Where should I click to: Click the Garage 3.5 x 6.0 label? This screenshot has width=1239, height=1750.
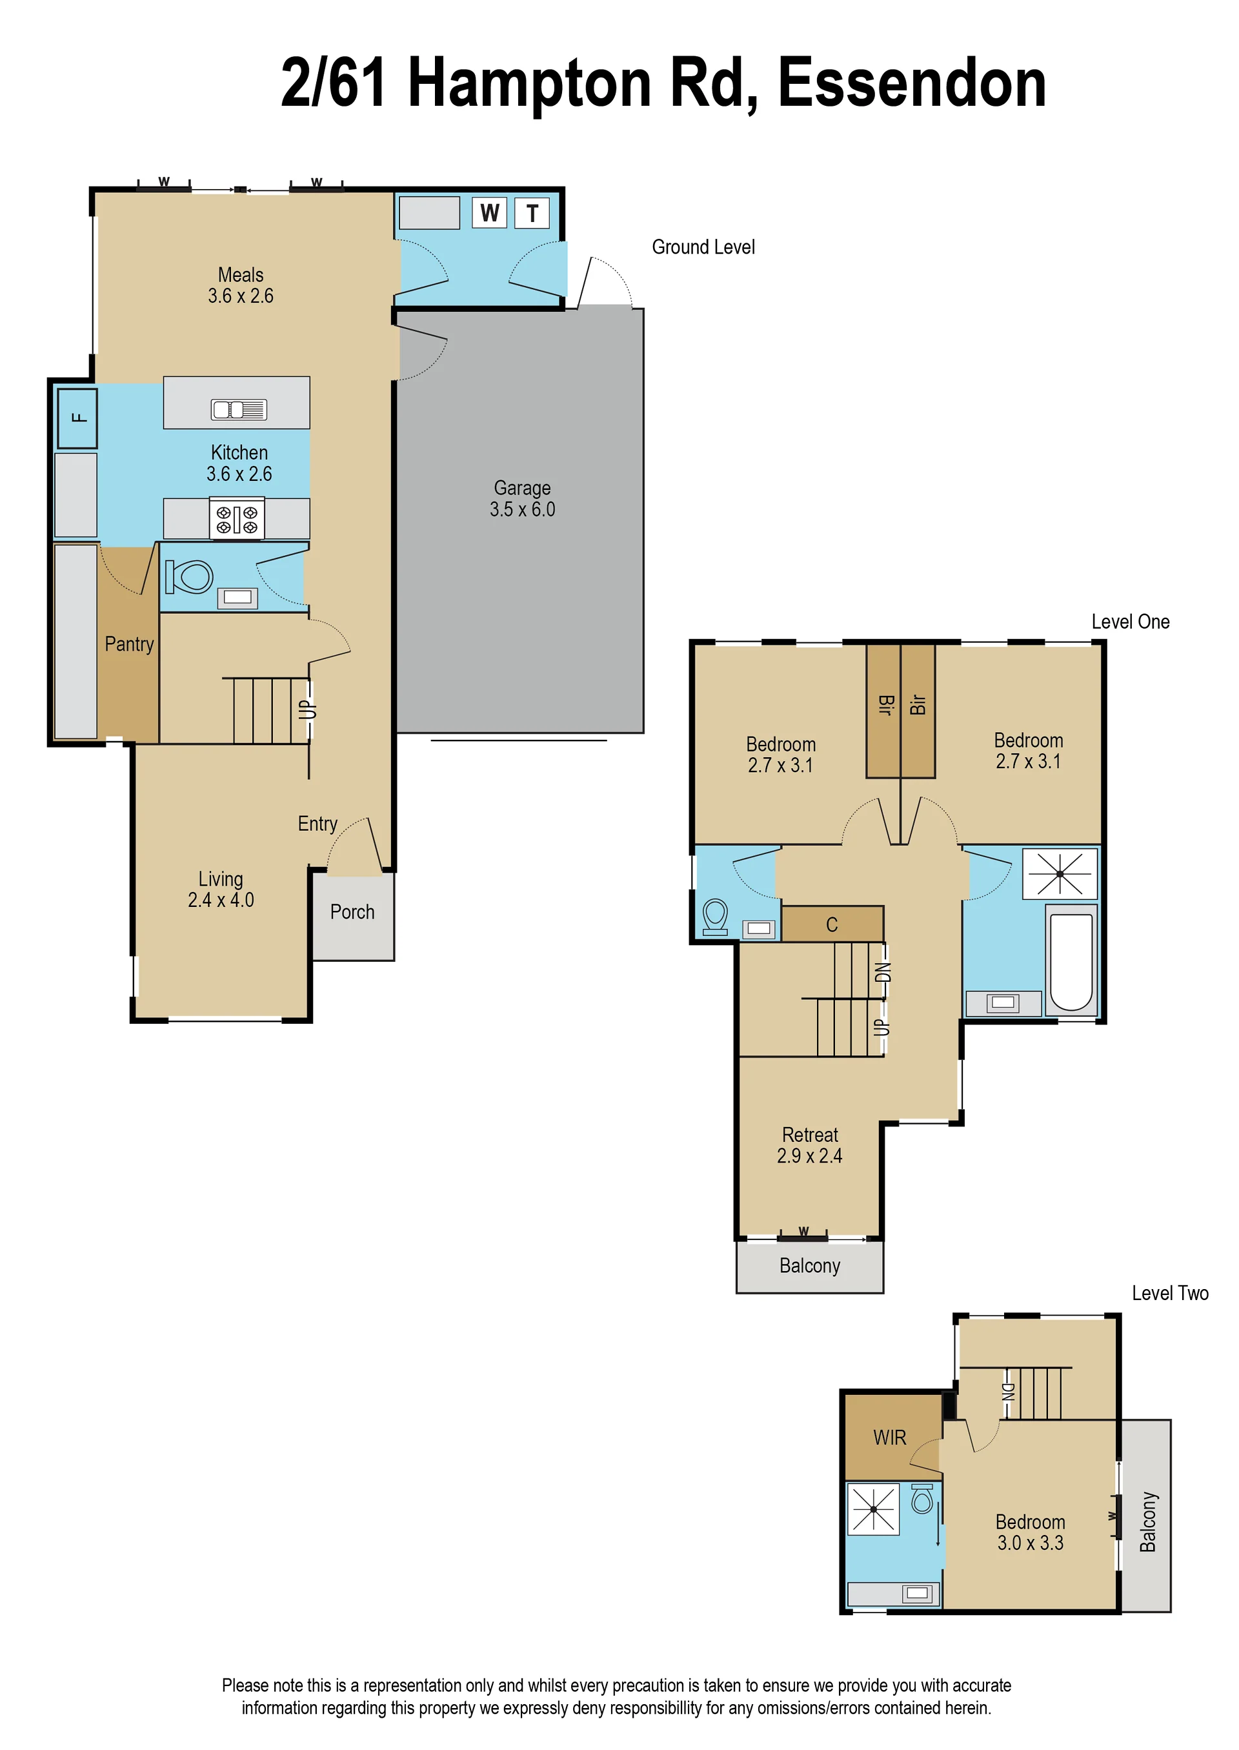click(522, 498)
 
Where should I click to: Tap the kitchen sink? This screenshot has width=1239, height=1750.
click(239, 410)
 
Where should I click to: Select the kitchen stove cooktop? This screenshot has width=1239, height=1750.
click(237, 518)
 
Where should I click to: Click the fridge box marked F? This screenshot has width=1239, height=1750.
click(77, 418)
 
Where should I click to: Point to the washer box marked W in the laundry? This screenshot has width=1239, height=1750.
click(489, 212)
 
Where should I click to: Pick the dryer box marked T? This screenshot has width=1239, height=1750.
click(532, 213)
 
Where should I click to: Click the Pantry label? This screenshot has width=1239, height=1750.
click(129, 645)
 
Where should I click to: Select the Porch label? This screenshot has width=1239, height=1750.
click(352, 912)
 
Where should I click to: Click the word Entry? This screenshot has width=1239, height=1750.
click(317, 824)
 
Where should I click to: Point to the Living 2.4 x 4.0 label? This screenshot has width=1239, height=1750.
click(221, 889)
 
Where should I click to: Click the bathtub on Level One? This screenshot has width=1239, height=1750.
click(1071, 960)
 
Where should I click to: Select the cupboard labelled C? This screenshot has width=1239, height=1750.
click(832, 924)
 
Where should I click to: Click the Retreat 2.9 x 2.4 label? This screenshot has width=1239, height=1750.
click(809, 1145)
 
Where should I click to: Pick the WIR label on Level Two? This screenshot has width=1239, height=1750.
click(890, 1438)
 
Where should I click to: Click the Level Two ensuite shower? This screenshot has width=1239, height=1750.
click(874, 1509)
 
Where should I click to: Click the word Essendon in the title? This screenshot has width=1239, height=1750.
click(912, 84)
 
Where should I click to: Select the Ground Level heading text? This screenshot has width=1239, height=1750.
click(703, 247)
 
